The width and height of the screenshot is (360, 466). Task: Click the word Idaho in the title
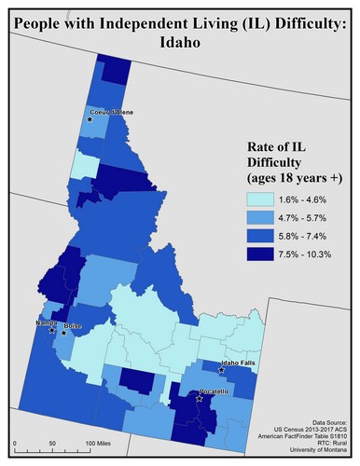tap(180, 40)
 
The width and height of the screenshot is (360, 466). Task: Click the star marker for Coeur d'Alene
tap(90, 120)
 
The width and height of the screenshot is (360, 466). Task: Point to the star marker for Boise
tap(63, 332)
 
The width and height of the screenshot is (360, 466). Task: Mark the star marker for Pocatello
tap(200, 398)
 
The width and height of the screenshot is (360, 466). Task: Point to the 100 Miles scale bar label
tap(103, 444)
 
